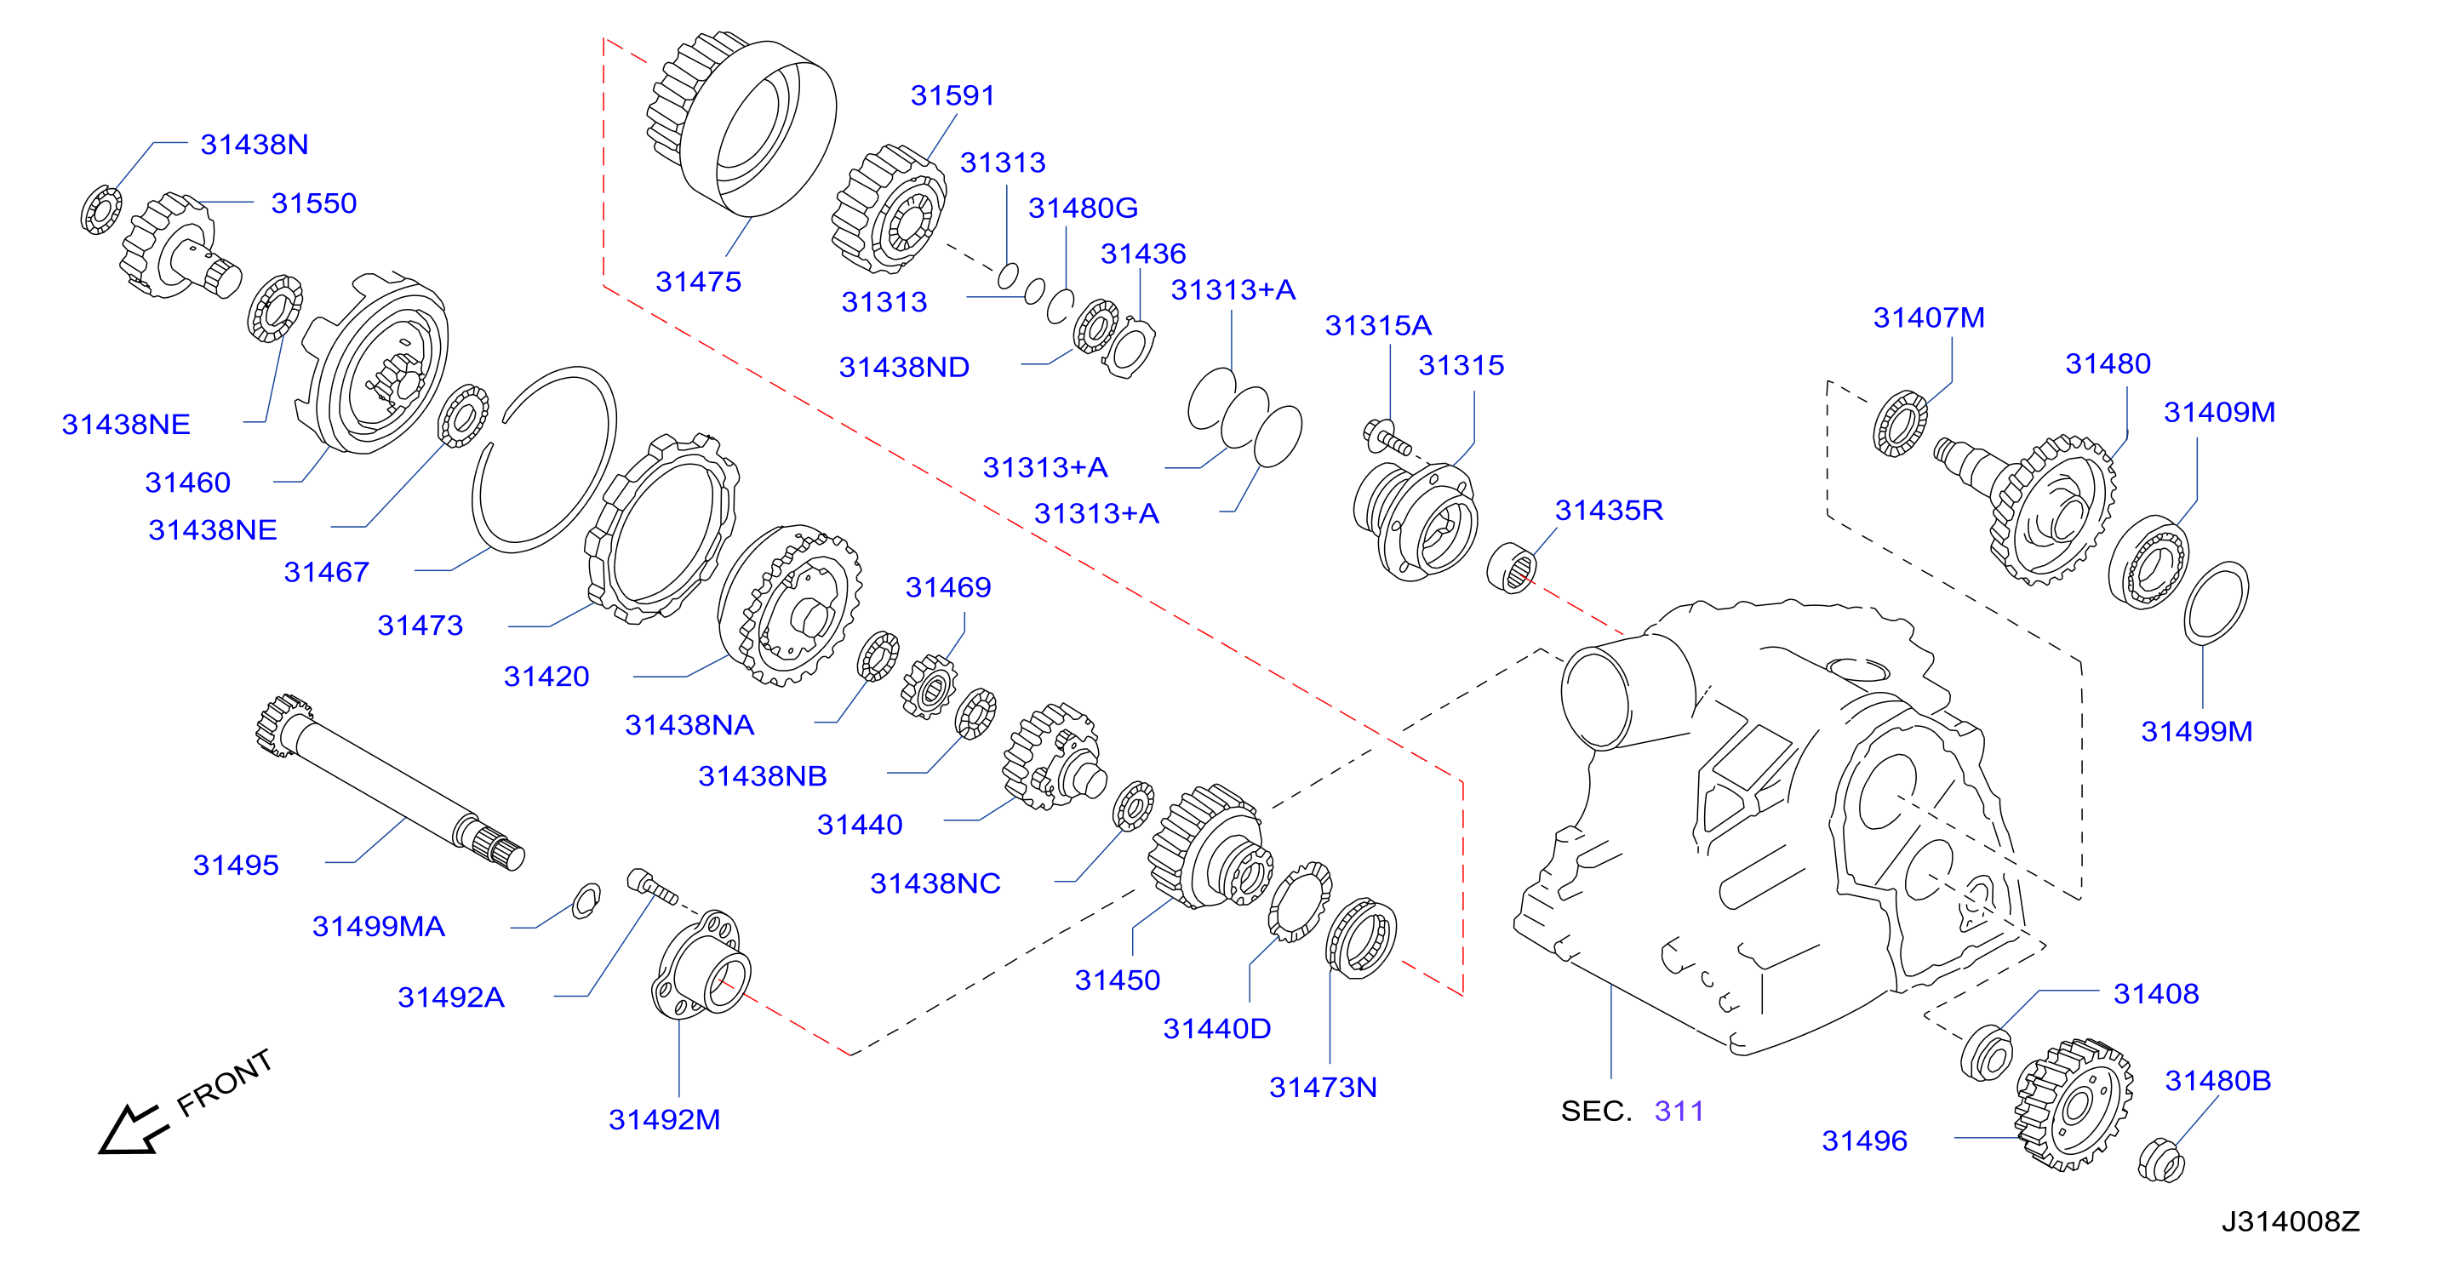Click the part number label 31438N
pyautogui.click(x=255, y=144)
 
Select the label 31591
pyautogui.click(x=952, y=95)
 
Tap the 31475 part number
pyautogui.click(x=698, y=282)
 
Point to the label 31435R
pyautogui.click(x=1609, y=511)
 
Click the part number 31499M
pyautogui.click(x=2197, y=732)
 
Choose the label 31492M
pyautogui.click(x=664, y=1119)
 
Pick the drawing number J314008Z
pyautogui.click(x=2291, y=1221)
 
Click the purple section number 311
pyautogui.click(x=1679, y=1111)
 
